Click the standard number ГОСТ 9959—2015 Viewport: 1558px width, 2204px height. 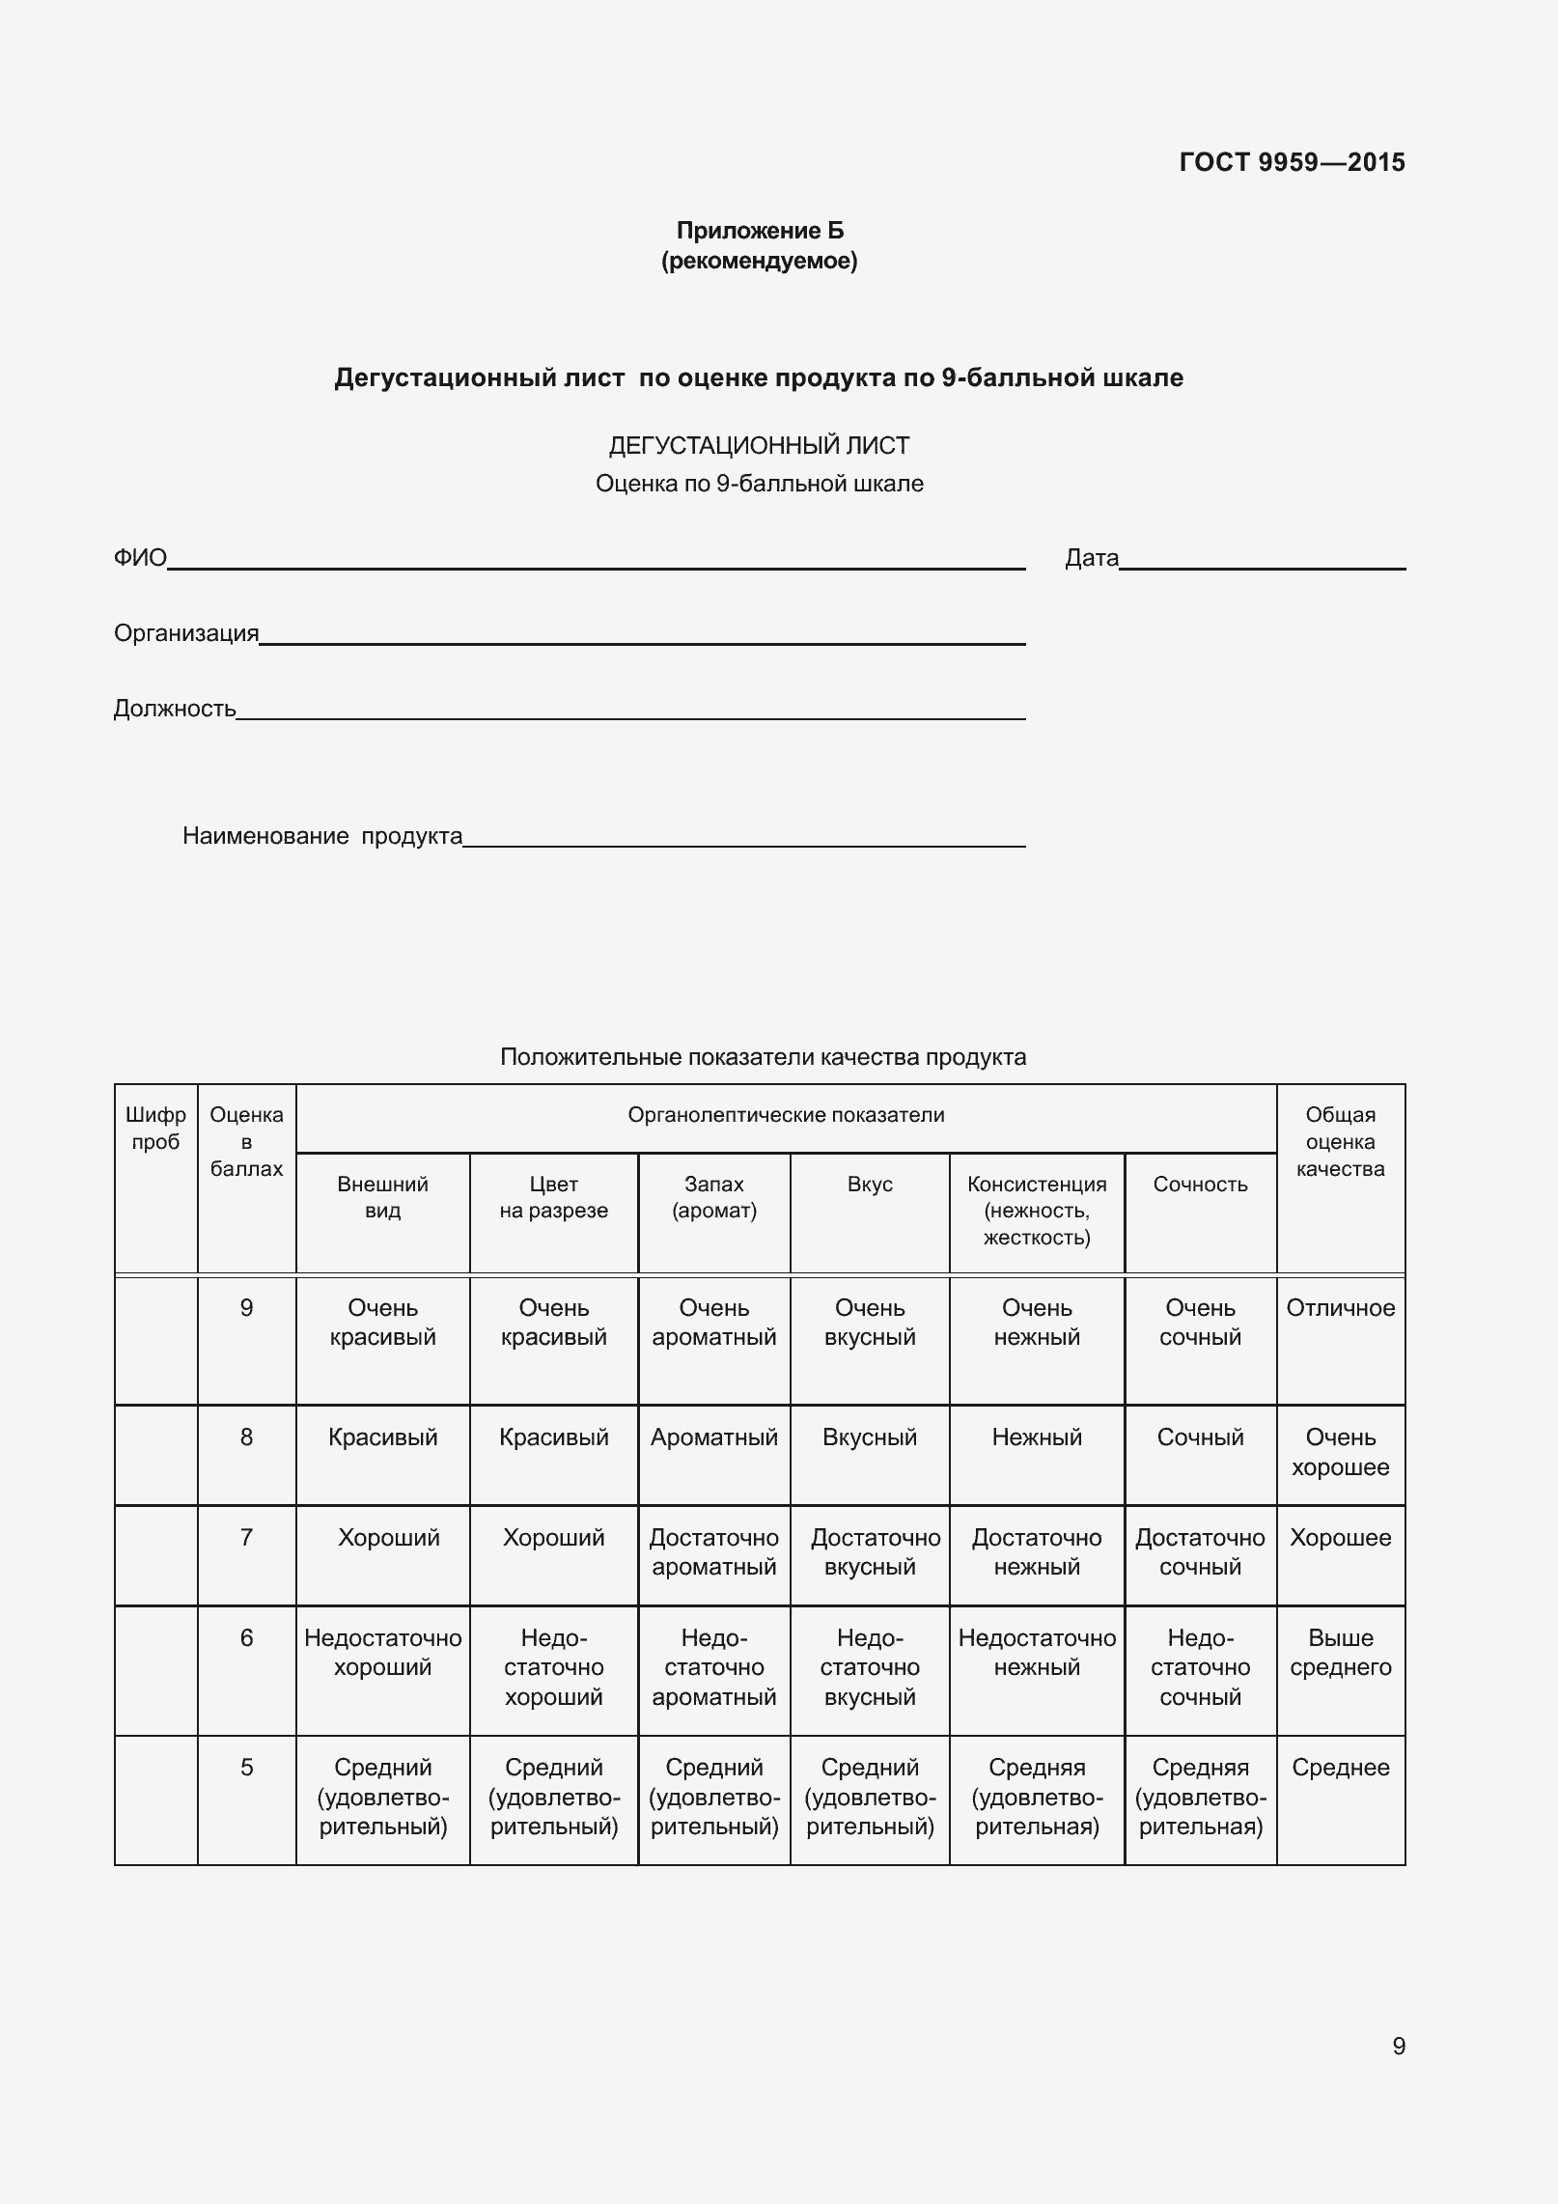(x=1292, y=162)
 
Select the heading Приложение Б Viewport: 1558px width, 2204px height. (x=760, y=231)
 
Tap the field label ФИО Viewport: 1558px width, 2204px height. (x=140, y=558)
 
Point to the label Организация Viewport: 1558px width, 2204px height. (x=186, y=633)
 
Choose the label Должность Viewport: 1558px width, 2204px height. (x=175, y=709)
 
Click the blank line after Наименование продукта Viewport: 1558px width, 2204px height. (x=743, y=837)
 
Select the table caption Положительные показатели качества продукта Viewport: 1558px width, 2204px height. (x=763, y=1057)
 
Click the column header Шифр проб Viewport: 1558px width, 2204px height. (x=155, y=1129)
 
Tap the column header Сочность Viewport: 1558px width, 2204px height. (x=1200, y=1185)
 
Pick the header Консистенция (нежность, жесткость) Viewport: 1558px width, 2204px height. (x=1037, y=1211)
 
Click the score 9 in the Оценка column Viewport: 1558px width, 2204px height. (x=246, y=1308)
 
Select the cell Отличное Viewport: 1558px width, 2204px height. (x=1340, y=1308)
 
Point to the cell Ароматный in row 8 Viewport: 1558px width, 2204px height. (x=713, y=1437)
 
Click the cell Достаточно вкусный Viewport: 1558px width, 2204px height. (x=870, y=1551)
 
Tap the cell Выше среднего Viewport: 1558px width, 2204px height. (x=1340, y=1652)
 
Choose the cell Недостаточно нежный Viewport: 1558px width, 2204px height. (x=1037, y=1652)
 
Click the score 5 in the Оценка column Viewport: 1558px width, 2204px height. (x=246, y=1768)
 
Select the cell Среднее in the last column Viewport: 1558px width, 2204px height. (x=1340, y=1768)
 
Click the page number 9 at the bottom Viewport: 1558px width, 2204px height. (x=1398, y=2047)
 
